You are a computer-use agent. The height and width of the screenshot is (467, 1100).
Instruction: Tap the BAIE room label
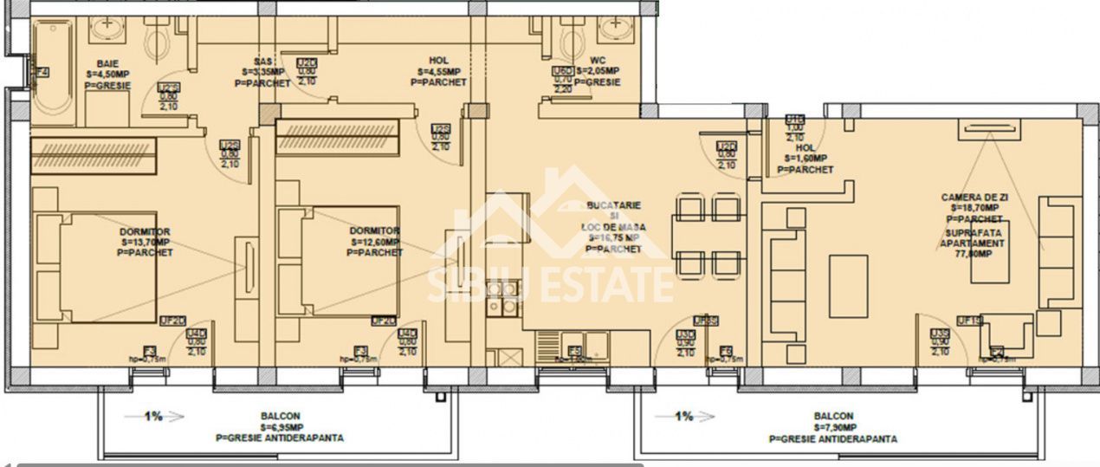click(x=109, y=63)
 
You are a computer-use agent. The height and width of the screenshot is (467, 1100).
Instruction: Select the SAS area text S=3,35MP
click(x=264, y=72)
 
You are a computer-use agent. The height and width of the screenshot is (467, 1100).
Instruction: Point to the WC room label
click(x=597, y=61)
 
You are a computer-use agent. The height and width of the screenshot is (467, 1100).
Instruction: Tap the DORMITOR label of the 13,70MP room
click(x=145, y=231)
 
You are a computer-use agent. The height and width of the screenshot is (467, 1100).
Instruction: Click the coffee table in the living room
click(x=848, y=286)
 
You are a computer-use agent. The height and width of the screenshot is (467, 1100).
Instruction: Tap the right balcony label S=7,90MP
click(x=832, y=427)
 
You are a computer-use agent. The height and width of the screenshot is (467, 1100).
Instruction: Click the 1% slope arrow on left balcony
click(x=153, y=417)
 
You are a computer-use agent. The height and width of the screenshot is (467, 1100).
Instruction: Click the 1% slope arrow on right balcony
click(x=683, y=417)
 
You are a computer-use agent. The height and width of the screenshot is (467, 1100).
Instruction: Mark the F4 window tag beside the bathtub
click(x=42, y=73)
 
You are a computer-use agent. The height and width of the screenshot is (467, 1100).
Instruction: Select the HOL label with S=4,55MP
click(x=438, y=72)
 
